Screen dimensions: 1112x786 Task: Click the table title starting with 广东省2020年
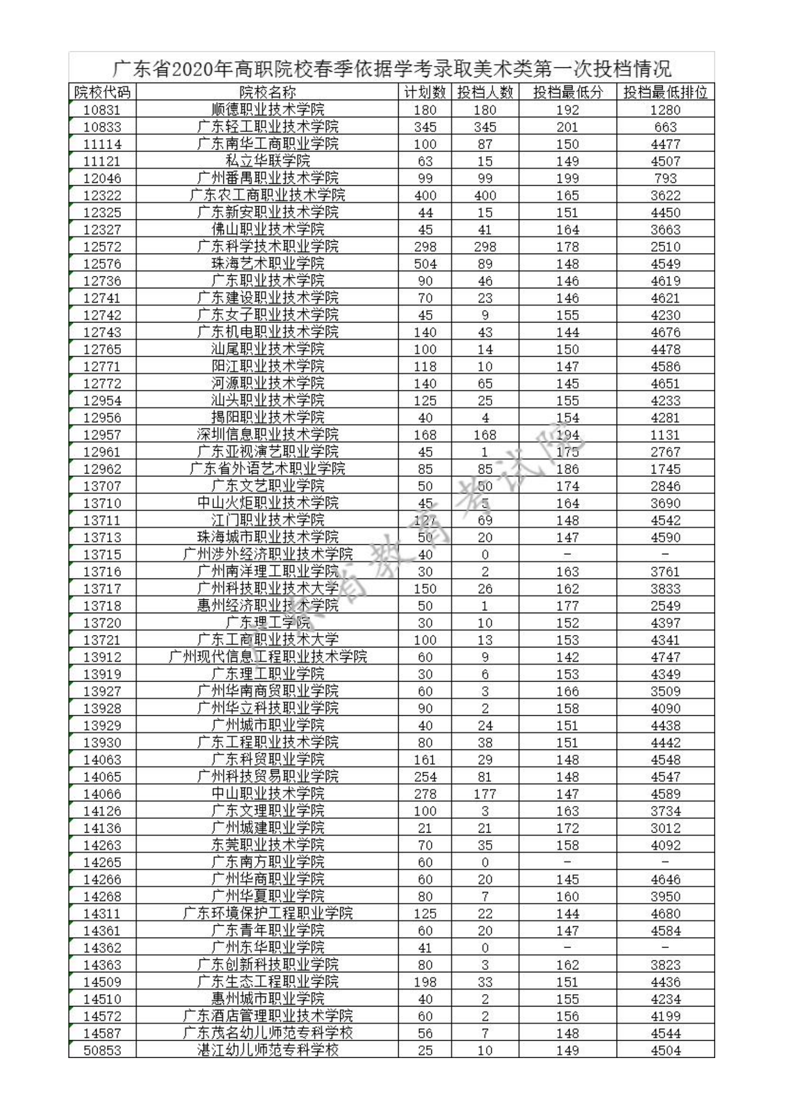point(392,68)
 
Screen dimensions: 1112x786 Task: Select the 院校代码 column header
point(102,92)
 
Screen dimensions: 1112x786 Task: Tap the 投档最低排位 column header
point(665,92)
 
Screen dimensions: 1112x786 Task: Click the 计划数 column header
point(425,92)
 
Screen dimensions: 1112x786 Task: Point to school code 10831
point(102,109)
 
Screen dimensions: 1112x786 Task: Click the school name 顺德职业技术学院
point(267,109)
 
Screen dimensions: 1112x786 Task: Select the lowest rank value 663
point(665,127)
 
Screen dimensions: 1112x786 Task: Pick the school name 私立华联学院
point(267,161)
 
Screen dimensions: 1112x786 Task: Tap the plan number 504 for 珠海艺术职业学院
point(425,264)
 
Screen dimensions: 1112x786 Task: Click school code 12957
point(102,434)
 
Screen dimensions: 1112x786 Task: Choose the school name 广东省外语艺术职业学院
point(267,469)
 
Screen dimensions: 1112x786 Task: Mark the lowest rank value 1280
point(665,109)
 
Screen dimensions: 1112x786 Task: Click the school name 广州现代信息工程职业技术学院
point(267,657)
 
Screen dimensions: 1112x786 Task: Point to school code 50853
point(102,1050)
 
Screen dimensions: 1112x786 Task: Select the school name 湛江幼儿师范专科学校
point(267,1050)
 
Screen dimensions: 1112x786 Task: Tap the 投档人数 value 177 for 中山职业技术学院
point(484,794)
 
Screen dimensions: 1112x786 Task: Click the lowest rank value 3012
point(665,828)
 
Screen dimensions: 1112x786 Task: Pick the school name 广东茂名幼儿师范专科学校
point(267,1033)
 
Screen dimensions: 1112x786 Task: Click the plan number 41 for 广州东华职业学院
point(425,948)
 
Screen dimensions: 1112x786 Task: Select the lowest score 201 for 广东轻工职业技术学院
point(567,127)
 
